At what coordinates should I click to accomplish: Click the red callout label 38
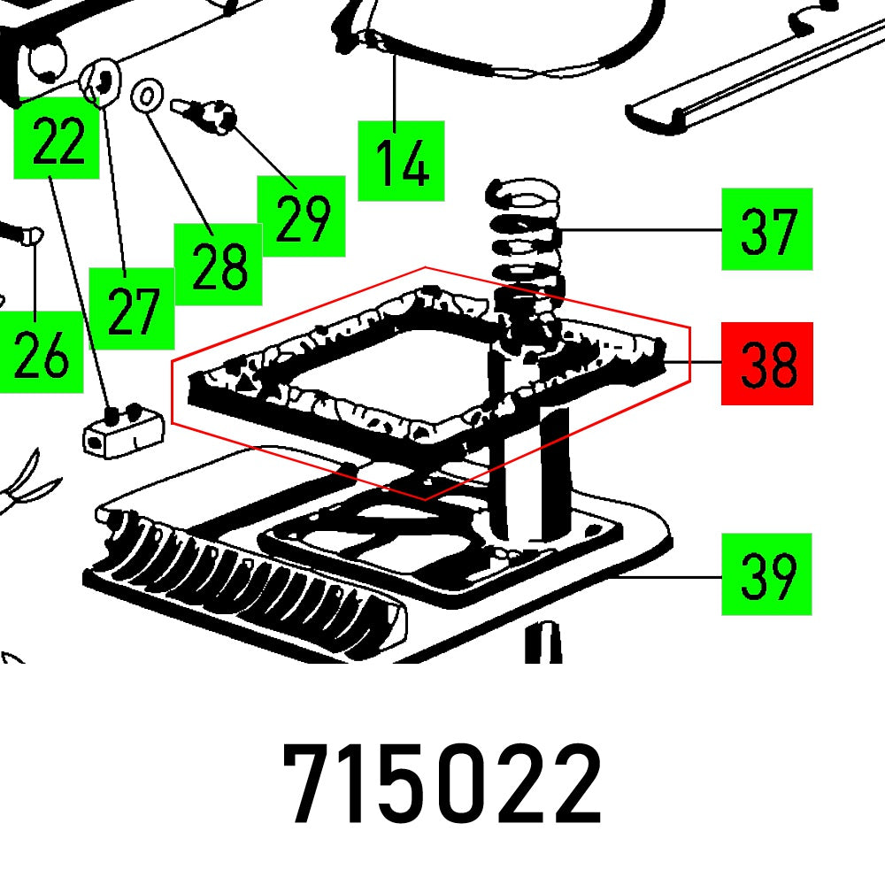(766, 363)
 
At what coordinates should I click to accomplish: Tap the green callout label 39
(766, 573)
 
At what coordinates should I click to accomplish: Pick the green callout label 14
(401, 161)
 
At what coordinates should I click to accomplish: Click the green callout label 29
(301, 216)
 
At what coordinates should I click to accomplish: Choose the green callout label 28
(218, 265)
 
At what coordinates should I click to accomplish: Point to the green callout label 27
(132, 307)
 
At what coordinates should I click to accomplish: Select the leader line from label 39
(673, 576)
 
